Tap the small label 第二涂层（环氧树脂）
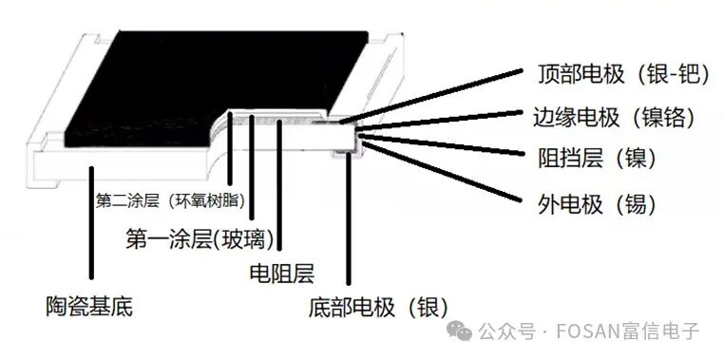pyautogui.click(x=170, y=200)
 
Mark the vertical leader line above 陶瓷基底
pyautogui.click(x=91, y=228)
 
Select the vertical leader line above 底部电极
pyautogui.click(x=349, y=218)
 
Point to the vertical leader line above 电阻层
pyautogui.click(x=280, y=190)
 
